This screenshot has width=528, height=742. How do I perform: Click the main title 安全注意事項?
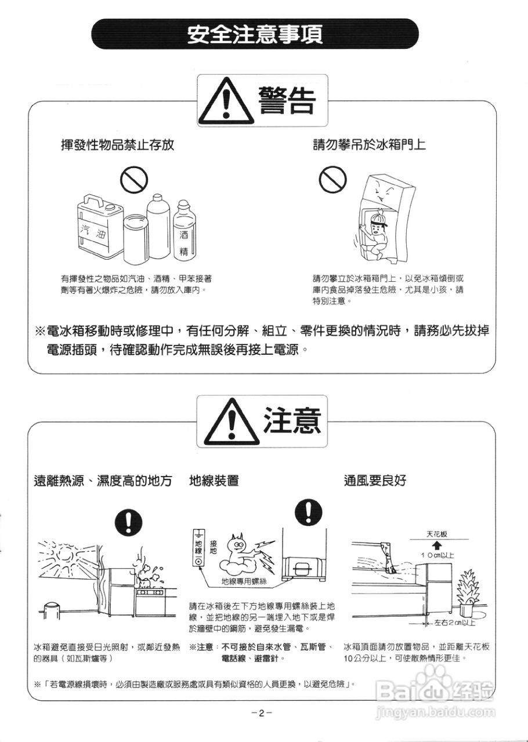click(255, 34)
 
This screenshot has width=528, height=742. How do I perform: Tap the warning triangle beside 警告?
click(226, 100)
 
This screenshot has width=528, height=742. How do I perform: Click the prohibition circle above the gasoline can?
click(134, 180)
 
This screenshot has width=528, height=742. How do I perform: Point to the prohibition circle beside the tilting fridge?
click(332, 179)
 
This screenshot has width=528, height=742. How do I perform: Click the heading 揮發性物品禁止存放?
click(117, 145)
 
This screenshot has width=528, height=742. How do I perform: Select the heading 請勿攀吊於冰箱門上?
click(369, 144)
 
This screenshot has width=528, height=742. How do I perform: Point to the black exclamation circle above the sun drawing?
click(128, 522)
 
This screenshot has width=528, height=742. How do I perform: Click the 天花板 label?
click(436, 534)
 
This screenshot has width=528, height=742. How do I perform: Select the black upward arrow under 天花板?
click(437, 545)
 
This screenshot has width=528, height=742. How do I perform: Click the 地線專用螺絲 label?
click(244, 581)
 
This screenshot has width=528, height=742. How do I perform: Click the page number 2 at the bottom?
click(261, 713)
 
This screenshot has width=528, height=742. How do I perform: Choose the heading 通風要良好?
click(375, 481)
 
